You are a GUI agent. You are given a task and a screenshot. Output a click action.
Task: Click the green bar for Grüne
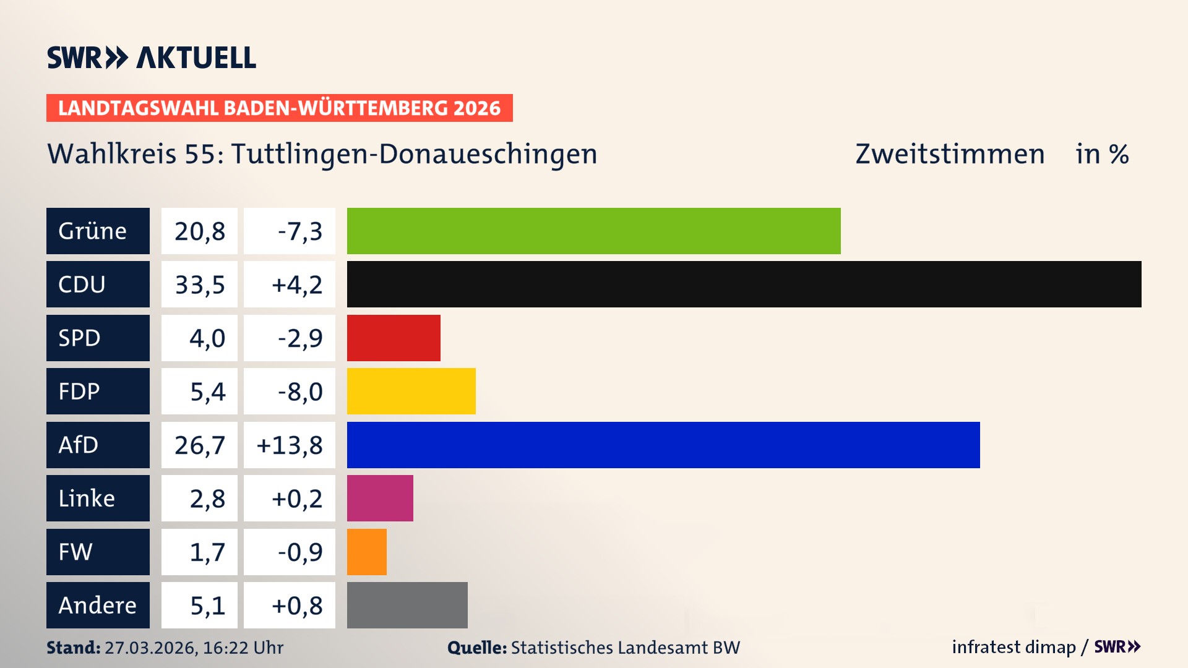tap(593, 231)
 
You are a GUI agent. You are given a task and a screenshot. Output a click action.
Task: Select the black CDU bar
tap(744, 284)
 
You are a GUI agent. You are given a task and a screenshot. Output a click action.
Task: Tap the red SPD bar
tap(394, 338)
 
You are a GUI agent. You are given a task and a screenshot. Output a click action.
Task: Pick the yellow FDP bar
tap(411, 391)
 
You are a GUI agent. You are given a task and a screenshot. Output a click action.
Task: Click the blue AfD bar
tap(663, 445)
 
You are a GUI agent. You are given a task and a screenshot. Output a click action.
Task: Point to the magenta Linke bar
tap(380, 498)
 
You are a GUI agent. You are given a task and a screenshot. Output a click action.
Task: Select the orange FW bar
tap(366, 552)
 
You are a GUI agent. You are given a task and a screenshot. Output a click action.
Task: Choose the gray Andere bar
tap(407, 605)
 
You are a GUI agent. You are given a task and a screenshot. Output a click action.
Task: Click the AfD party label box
tap(98, 445)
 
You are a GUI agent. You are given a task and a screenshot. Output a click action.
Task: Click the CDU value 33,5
tap(199, 285)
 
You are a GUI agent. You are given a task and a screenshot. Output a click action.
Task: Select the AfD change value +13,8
tap(290, 445)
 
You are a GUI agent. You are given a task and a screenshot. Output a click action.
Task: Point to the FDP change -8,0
tap(299, 392)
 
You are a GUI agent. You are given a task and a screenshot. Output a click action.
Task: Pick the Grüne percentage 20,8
tap(199, 231)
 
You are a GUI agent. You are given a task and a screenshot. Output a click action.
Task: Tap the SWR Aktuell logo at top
tap(152, 58)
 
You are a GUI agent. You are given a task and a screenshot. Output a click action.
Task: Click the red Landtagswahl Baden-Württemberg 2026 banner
tap(279, 108)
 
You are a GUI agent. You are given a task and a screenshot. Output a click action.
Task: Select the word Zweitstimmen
tap(950, 154)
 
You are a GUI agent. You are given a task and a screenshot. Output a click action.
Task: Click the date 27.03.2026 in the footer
tap(150, 648)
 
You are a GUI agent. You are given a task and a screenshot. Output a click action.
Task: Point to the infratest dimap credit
tap(1014, 647)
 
